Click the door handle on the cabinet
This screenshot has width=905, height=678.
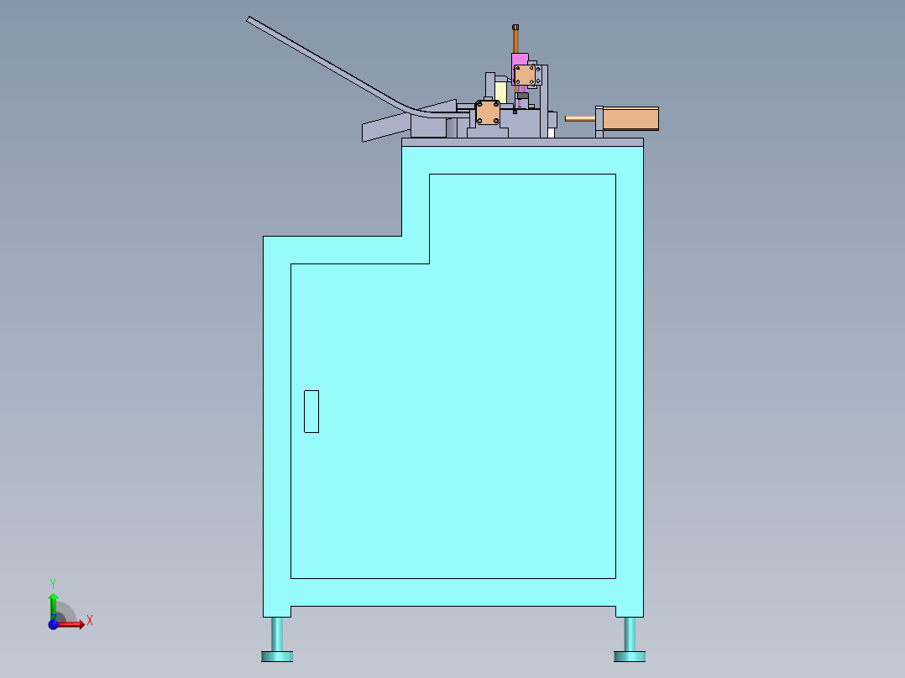point(311,411)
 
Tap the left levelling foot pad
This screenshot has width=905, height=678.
point(276,655)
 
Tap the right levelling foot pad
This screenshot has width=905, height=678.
point(630,655)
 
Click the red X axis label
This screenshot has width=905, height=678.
point(90,621)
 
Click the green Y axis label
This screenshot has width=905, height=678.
point(52,582)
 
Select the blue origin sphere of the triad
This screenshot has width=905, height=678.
point(54,624)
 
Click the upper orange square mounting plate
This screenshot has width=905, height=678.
point(526,76)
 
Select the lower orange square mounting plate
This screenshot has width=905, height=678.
point(488,113)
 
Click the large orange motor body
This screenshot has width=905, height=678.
point(630,118)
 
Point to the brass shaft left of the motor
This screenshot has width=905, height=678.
point(579,118)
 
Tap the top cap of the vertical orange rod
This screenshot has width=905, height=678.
point(516,28)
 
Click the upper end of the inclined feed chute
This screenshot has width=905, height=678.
point(252,20)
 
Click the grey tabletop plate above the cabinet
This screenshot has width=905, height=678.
point(522,142)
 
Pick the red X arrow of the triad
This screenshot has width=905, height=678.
point(71,624)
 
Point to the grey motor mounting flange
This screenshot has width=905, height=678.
point(599,121)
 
